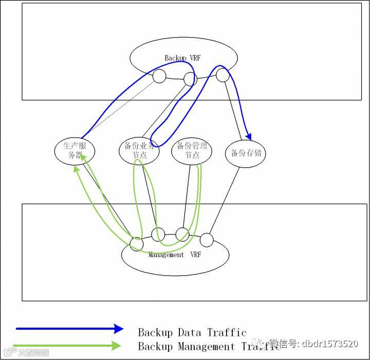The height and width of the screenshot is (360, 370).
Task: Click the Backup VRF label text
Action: [x=182, y=58]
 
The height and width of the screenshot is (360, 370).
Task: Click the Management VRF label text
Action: [x=174, y=255]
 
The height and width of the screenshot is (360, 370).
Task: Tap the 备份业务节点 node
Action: [x=139, y=151]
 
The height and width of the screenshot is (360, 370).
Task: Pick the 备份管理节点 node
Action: [x=192, y=151]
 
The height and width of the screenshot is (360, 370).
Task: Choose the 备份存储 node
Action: [x=246, y=153]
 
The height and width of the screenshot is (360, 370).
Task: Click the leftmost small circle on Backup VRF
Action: [x=159, y=77]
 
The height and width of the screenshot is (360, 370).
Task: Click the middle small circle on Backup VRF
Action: [x=190, y=79]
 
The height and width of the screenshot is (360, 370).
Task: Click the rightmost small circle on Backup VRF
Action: [x=223, y=75]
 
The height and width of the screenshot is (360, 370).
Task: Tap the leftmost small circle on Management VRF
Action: [x=136, y=243]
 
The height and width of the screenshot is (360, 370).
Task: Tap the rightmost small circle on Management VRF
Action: [x=206, y=240]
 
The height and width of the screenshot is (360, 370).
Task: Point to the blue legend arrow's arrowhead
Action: [x=119, y=329]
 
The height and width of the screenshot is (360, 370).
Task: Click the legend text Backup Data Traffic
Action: [x=192, y=333]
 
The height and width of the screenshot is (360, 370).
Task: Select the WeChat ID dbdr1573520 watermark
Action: [x=313, y=343]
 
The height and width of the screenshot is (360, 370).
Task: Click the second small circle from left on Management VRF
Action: [x=158, y=234]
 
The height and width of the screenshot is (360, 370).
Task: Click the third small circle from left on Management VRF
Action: [x=182, y=234]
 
